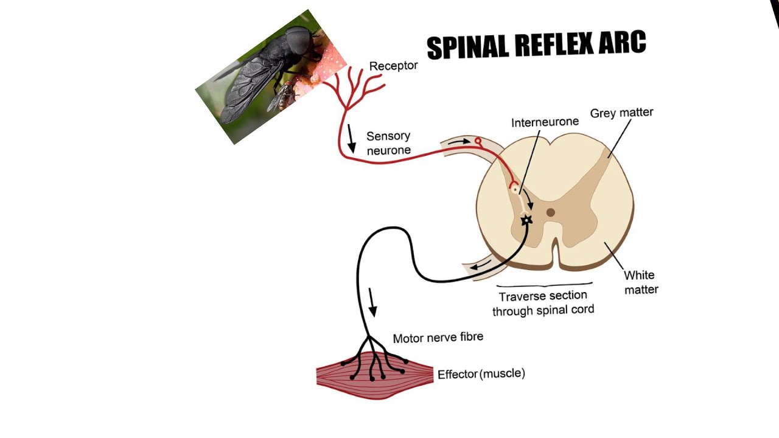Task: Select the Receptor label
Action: [x=393, y=66]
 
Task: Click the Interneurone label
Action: [x=545, y=122]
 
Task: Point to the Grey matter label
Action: [x=621, y=113]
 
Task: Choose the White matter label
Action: [x=641, y=282]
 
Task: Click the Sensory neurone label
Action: [x=388, y=143]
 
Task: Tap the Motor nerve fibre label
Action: [x=438, y=337]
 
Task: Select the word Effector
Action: [x=457, y=374]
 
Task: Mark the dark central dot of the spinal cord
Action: [x=550, y=212]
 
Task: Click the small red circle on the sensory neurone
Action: [x=478, y=141]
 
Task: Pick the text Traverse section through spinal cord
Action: [x=543, y=303]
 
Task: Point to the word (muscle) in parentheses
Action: [x=503, y=374]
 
